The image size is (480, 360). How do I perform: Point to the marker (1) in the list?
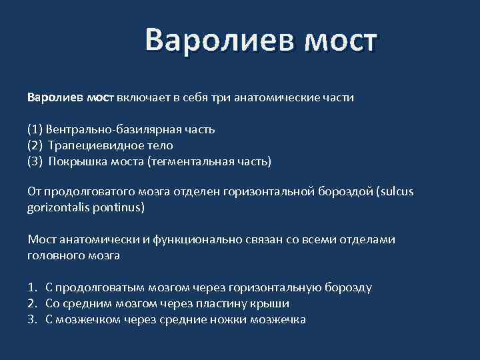tap(35, 129)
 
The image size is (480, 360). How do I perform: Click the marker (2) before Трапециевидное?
tap(35, 145)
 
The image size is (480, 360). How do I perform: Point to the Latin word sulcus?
tap(395, 192)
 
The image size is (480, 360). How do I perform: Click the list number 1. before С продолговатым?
tap(32, 287)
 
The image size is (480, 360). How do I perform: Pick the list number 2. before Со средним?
tap(32, 303)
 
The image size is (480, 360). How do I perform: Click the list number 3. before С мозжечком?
tap(32, 319)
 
